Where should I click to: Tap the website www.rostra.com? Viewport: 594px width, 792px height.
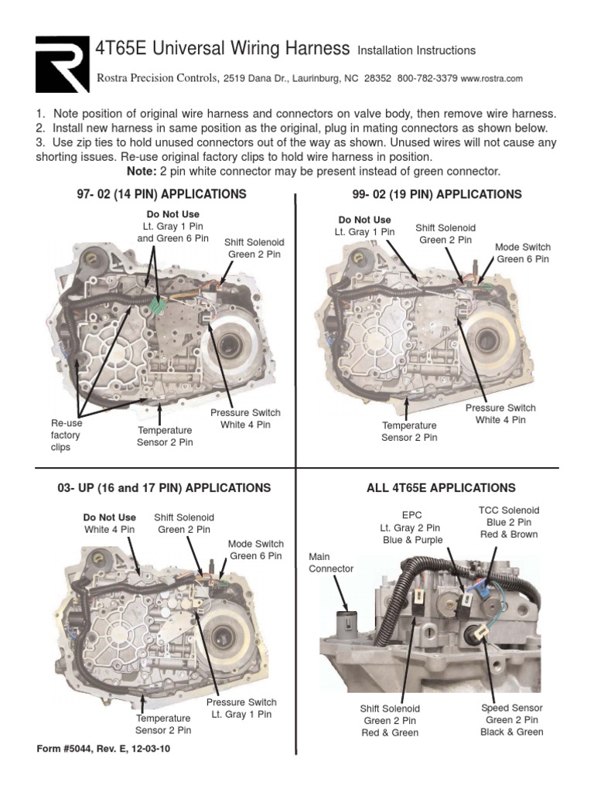click(493, 79)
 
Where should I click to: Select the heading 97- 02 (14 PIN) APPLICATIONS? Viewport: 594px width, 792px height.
click(162, 193)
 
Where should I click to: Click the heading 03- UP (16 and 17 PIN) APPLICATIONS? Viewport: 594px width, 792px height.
click(164, 488)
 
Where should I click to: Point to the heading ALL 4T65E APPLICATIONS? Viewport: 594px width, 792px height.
click(441, 488)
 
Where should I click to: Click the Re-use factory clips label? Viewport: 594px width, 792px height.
click(66, 435)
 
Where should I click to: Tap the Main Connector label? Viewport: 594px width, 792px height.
click(330, 562)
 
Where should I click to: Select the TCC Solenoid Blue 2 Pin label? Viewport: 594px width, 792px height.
click(509, 522)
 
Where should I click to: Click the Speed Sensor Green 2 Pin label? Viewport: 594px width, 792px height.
click(511, 719)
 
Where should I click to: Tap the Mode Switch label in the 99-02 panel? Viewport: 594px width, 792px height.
click(523, 254)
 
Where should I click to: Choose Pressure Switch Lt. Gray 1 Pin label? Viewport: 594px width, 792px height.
click(241, 708)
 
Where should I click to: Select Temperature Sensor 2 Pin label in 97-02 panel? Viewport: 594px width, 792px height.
click(165, 436)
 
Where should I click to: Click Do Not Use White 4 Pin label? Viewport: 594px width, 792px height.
click(109, 524)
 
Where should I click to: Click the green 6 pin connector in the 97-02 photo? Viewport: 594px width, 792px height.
click(159, 306)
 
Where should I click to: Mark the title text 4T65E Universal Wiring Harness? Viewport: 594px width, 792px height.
click(222, 49)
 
